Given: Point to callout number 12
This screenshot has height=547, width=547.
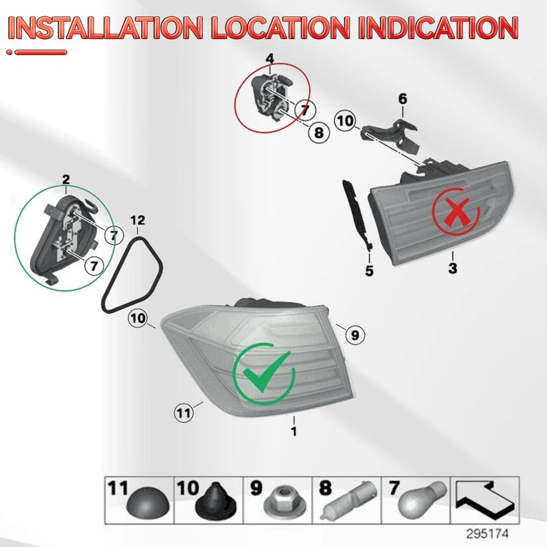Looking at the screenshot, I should click(x=137, y=220).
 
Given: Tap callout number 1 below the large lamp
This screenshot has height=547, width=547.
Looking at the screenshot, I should click(x=294, y=431).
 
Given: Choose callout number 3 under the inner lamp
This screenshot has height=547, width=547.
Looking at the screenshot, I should click(x=452, y=268).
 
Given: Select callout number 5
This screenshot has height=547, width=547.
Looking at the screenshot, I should click(x=369, y=271).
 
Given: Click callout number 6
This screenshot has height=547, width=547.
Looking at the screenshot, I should click(x=403, y=100).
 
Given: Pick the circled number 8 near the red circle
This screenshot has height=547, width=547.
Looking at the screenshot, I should click(x=318, y=133).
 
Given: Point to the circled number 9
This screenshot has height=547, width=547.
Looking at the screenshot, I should click(x=353, y=335).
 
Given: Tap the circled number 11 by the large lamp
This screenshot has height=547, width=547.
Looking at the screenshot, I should click(x=183, y=412).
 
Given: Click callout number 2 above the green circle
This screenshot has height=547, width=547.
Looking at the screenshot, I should click(x=66, y=180).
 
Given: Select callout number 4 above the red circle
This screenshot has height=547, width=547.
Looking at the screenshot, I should click(x=270, y=57).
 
